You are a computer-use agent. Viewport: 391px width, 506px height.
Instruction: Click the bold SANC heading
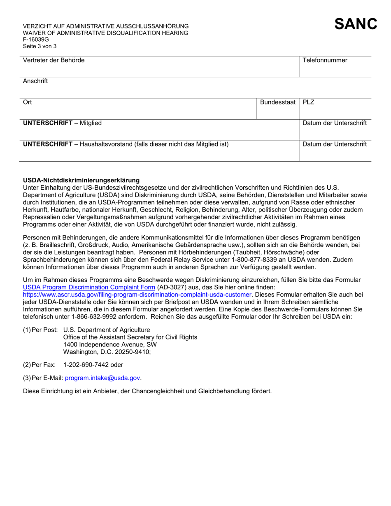pos(356,24)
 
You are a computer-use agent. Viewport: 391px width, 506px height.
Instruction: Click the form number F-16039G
pos(36,39)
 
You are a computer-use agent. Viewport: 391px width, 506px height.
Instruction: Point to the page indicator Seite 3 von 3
pos(40,46)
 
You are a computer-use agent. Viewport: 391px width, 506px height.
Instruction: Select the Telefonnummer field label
pos(325,60)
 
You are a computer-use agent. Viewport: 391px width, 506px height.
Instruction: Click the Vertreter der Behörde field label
pos(54,60)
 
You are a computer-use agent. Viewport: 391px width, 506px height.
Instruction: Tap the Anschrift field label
pos(35,81)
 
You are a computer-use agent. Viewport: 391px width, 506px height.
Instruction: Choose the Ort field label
pos(28,102)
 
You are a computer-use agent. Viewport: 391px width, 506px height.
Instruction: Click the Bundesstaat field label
pos(278,102)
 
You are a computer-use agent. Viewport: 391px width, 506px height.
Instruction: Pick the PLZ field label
pos(308,102)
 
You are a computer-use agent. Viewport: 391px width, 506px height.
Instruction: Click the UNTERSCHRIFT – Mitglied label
pos(62,123)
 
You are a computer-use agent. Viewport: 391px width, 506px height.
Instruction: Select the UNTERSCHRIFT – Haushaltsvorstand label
pos(126,144)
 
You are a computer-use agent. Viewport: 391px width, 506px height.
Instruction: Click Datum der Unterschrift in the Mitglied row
pos(335,123)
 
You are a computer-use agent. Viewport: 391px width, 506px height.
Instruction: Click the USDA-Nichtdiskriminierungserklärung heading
pos(81,180)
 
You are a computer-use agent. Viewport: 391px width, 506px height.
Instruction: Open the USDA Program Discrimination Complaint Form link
pos(89,287)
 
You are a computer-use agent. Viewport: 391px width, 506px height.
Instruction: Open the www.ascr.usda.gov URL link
pos(137,295)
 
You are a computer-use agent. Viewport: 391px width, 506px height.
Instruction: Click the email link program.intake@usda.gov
pos(102,378)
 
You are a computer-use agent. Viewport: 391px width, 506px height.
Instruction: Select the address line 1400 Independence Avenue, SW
pos(109,344)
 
